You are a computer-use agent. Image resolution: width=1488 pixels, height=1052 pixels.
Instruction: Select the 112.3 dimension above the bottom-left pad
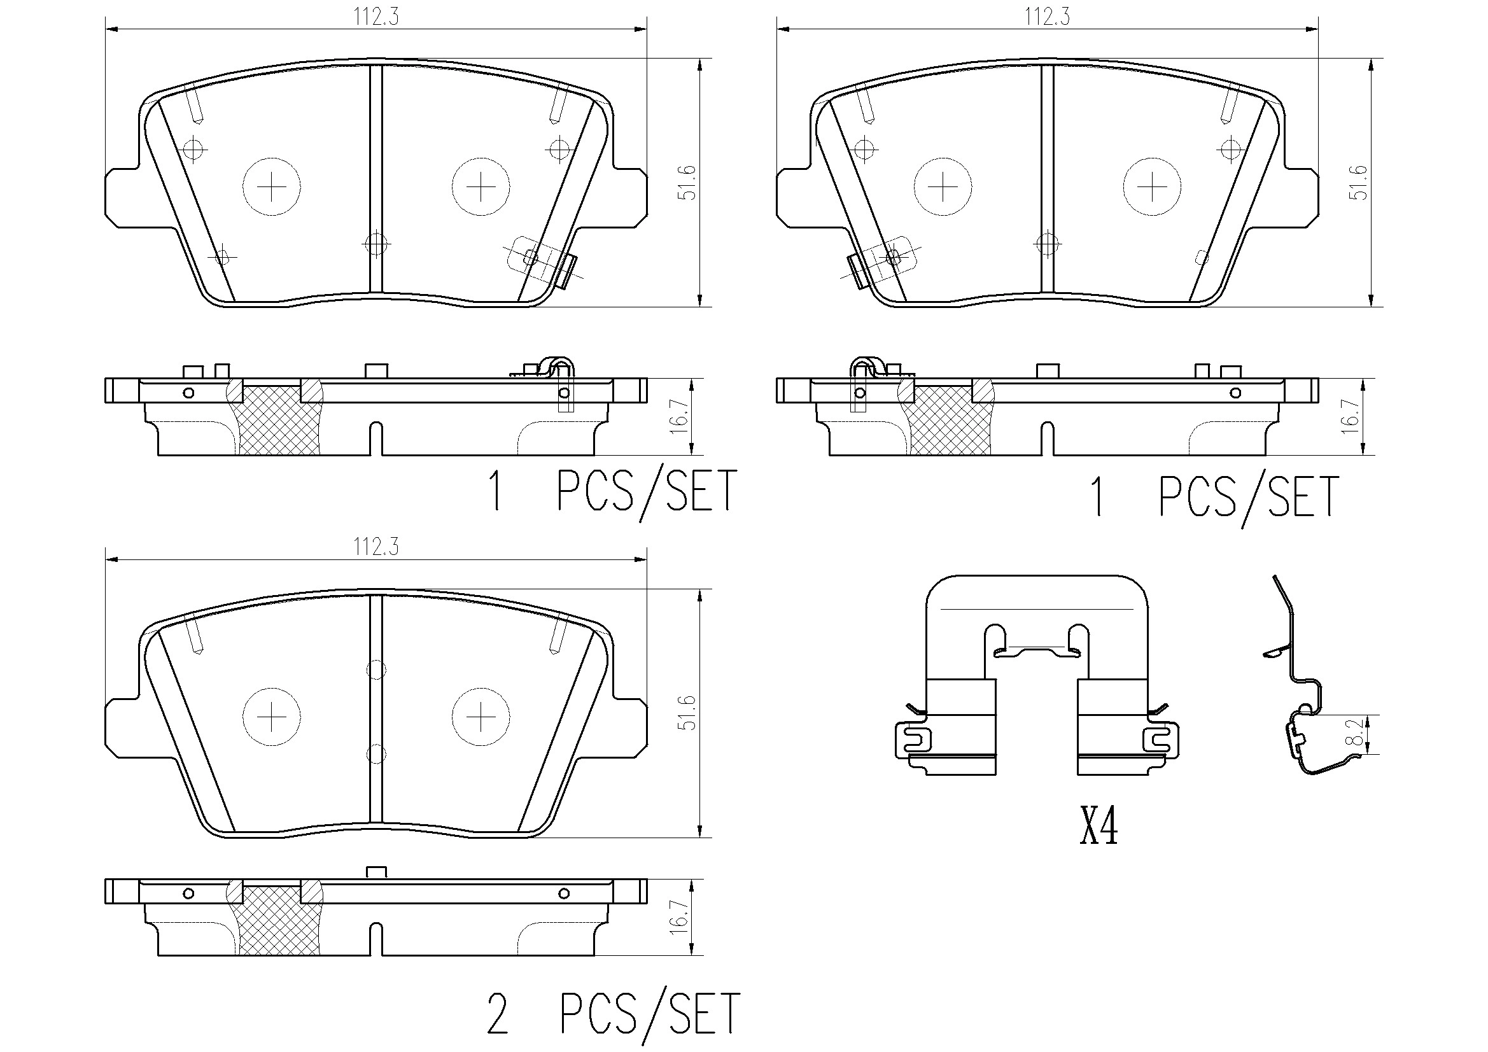point(376,547)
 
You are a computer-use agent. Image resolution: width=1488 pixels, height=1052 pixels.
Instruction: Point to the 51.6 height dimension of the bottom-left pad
point(688,713)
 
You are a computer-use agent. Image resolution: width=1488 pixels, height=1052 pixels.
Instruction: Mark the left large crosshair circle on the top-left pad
point(272,187)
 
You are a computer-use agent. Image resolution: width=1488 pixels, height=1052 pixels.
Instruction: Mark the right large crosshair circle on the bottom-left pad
point(481,717)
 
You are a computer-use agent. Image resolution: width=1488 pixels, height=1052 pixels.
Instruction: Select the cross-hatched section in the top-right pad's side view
point(950,421)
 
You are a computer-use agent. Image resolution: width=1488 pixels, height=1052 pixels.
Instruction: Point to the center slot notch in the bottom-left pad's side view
point(376,937)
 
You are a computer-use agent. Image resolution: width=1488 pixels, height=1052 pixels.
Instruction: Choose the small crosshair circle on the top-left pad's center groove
point(376,244)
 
